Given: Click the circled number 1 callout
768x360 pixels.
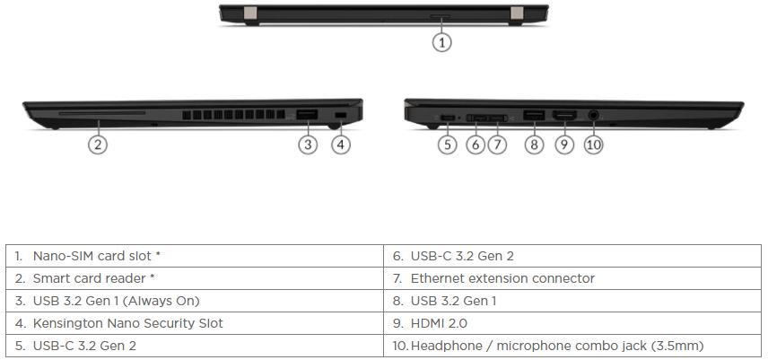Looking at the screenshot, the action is tap(441, 42).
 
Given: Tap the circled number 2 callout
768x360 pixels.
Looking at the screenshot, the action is tap(98, 145).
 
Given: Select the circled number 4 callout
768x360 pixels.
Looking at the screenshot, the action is tap(341, 145).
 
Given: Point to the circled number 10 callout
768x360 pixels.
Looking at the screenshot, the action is tap(594, 145).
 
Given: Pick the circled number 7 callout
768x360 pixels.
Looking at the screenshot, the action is tap(497, 145).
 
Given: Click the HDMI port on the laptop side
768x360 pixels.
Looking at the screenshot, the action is tap(564, 116).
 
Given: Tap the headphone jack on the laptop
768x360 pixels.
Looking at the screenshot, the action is tap(594, 116).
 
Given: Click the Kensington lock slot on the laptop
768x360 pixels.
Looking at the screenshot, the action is tap(340, 115).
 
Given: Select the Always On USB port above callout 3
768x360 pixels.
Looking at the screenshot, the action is tap(307, 115).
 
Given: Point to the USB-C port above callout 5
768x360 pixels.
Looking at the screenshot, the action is tap(448, 118).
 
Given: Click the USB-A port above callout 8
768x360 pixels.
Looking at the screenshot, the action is tap(534, 116).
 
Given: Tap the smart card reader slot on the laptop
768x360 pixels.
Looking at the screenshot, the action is tap(102, 113).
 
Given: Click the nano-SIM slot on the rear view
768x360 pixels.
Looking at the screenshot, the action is tap(441, 16).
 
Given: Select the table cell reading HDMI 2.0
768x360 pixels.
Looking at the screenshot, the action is tap(572, 323).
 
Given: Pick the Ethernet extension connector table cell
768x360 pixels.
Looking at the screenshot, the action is tap(572, 278).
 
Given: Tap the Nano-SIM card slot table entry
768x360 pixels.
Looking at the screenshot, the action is tap(195, 256).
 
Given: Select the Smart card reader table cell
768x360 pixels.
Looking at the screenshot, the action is tap(195, 278).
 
